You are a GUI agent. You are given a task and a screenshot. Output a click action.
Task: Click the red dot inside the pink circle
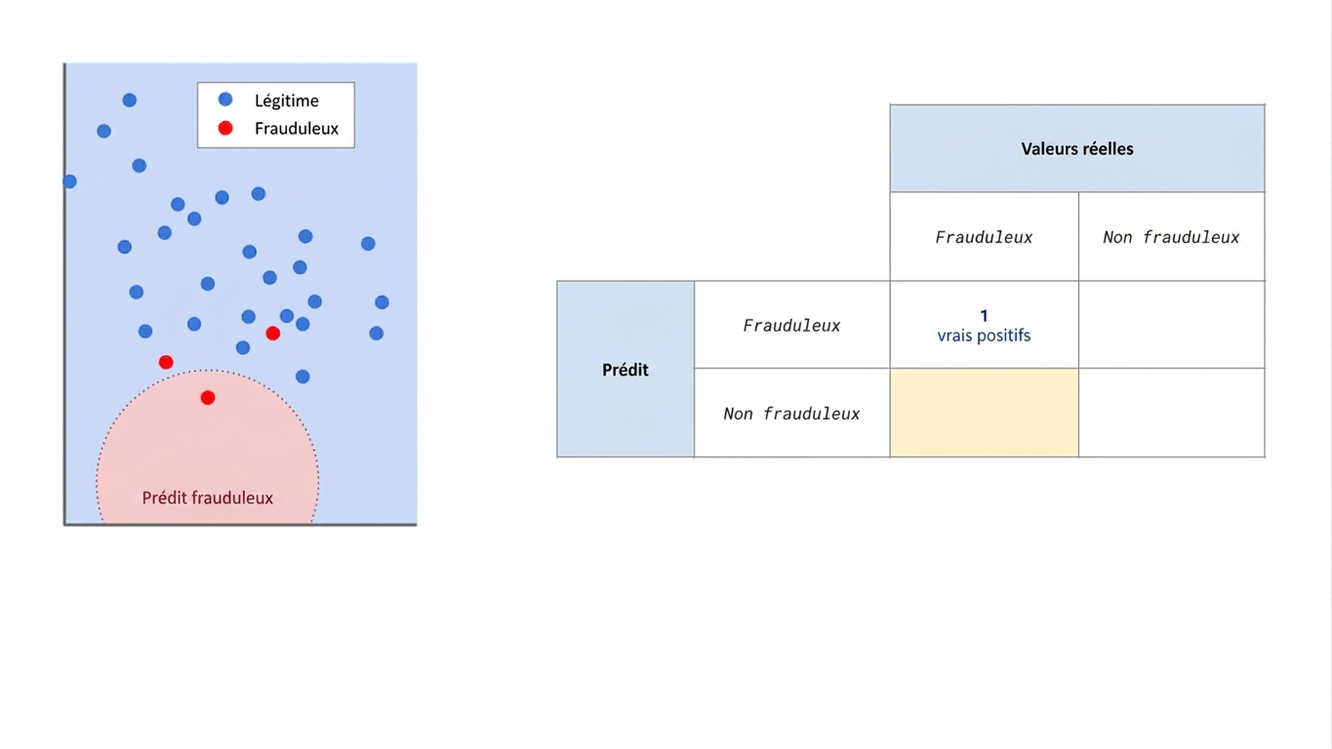click(208, 398)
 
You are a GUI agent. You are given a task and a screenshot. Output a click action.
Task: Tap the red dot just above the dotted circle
click(166, 362)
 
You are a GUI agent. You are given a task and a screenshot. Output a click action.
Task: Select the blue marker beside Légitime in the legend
click(224, 99)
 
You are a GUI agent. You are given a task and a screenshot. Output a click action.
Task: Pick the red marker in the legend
click(224, 128)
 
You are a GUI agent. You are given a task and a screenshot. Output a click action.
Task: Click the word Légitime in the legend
click(287, 101)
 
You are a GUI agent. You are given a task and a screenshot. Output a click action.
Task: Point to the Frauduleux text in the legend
click(296, 129)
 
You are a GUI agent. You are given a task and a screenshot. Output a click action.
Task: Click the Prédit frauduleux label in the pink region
click(208, 497)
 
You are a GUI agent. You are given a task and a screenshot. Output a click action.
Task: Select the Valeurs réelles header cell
click(1077, 148)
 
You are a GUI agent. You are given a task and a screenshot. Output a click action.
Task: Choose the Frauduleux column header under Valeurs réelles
click(985, 237)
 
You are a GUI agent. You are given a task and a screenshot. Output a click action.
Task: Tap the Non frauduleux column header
click(1171, 237)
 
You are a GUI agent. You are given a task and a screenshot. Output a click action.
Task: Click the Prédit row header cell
click(626, 370)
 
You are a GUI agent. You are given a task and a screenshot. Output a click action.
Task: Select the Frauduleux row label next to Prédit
click(792, 325)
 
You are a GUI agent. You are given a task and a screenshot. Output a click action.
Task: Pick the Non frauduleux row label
click(792, 414)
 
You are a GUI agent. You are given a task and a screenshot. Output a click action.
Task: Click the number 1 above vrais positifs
click(985, 316)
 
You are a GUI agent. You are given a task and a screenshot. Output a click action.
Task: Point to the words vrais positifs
click(985, 335)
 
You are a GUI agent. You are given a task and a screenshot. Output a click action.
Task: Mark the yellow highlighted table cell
click(985, 413)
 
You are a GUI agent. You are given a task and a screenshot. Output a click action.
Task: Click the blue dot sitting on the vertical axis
click(69, 181)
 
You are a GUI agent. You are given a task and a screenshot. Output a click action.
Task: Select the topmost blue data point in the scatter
click(130, 99)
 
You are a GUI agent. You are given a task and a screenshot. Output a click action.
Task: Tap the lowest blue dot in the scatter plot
click(303, 376)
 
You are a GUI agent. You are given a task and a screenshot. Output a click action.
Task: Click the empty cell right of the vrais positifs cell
click(1171, 325)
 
